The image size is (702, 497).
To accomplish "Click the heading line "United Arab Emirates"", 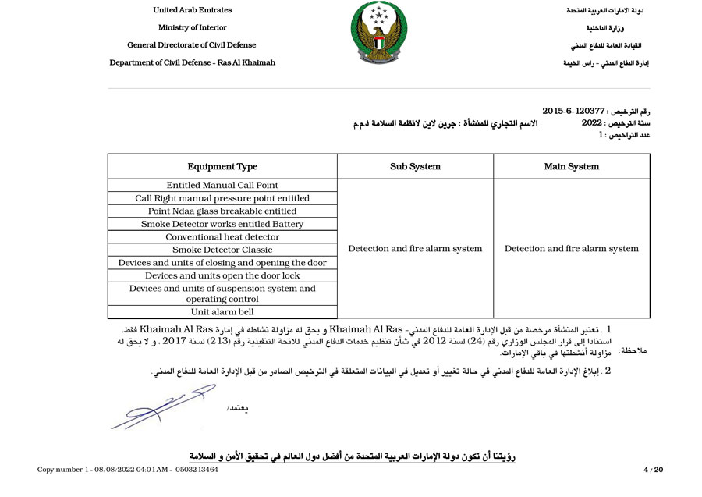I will point(192,10).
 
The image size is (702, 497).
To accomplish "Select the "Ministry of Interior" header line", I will point(192,28).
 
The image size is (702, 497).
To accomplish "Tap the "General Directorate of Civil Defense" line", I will point(192,45).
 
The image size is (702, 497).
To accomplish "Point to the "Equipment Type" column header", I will point(222,166).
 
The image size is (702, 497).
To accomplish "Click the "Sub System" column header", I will point(415,166).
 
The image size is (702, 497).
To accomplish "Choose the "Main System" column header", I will point(572,166).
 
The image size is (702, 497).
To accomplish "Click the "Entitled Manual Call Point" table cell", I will point(222,186).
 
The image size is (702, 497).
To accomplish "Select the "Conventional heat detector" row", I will point(222,237).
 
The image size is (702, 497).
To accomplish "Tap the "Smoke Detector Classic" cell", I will point(222,250).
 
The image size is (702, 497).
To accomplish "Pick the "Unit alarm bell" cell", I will point(222,312).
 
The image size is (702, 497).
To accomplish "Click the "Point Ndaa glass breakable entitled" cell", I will point(222,211).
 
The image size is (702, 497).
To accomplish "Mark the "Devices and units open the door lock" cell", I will point(222,275).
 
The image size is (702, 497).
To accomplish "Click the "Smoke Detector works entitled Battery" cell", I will point(222,224).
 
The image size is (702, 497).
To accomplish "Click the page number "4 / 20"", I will point(653,470).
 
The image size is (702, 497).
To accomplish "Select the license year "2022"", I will point(592,123).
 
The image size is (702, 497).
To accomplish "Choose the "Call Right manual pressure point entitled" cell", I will point(222,198).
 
